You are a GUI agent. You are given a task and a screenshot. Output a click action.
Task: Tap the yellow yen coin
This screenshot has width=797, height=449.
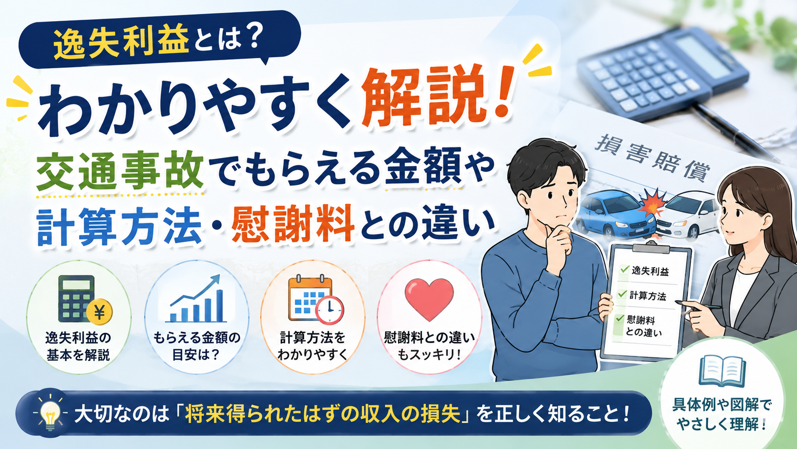[x=99, y=312]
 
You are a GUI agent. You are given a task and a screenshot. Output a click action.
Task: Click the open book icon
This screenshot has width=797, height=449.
[x=722, y=371]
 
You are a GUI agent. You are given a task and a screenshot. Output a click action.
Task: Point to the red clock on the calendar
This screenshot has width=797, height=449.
[x=329, y=310]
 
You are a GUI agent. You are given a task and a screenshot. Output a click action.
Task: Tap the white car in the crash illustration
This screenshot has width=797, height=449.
[x=688, y=215]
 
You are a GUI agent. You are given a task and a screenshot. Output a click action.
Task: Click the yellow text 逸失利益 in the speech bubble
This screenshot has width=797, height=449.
[x=121, y=42]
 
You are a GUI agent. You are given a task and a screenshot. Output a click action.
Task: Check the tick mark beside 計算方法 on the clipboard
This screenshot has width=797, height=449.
[x=623, y=294]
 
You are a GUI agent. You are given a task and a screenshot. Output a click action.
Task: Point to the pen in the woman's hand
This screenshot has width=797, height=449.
[x=698, y=305]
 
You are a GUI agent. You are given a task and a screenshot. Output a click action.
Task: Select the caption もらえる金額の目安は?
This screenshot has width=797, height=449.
[x=197, y=346]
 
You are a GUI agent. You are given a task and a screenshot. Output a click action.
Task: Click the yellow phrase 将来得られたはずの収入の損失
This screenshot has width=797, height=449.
[x=323, y=415]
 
